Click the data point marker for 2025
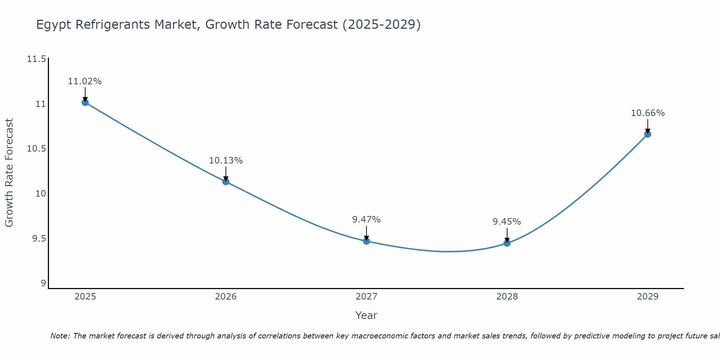[x=85, y=103]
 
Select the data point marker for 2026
[x=226, y=181]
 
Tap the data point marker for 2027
[x=366, y=241]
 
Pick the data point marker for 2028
[x=507, y=243]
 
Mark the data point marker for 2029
[x=647, y=134]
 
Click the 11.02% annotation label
[x=85, y=81]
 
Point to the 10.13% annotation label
[x=226, y=161]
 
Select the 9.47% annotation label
[x=366, y=220]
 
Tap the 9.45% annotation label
[x=507, y=222]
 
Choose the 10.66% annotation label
[x=648, y=113]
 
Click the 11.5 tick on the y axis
[x=37, y=59]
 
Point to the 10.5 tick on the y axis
[x=37, y=149]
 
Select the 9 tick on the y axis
[x=44, y=283]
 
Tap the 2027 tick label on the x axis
[x=366, y=297]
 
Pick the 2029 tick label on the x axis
[x=647, y=297]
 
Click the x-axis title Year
[x=366, y=315]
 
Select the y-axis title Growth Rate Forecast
[x=9, y=173]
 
